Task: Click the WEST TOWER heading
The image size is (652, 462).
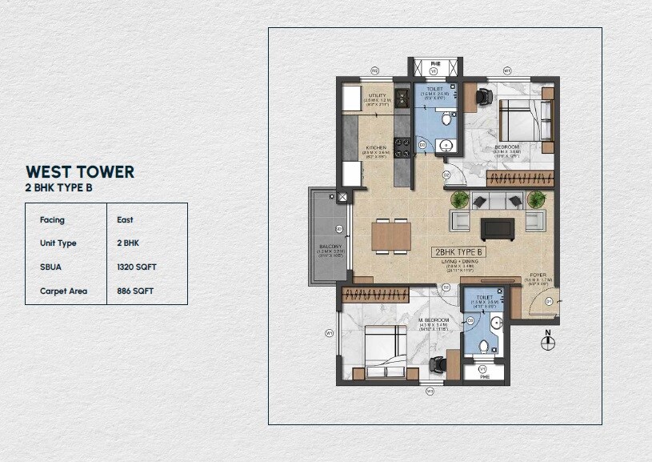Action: click(80, 171)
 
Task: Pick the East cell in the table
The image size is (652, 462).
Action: click(124, 219)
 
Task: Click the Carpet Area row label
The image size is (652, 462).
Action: click(63, 291)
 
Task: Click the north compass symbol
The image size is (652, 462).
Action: click(548, 341)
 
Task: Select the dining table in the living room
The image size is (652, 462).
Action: click(391, 235)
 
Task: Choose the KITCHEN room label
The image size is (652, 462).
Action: click(376, 148)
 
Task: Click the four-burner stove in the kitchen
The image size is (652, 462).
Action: click(402, 99)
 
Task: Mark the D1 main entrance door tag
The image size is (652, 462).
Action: click(548, 301)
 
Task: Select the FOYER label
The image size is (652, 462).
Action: click(537, 275)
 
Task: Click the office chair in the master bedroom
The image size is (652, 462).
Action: click(438, 364)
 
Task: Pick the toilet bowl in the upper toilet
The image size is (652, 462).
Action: click(446, 120)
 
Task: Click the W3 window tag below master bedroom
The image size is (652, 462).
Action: click(430, 391)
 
